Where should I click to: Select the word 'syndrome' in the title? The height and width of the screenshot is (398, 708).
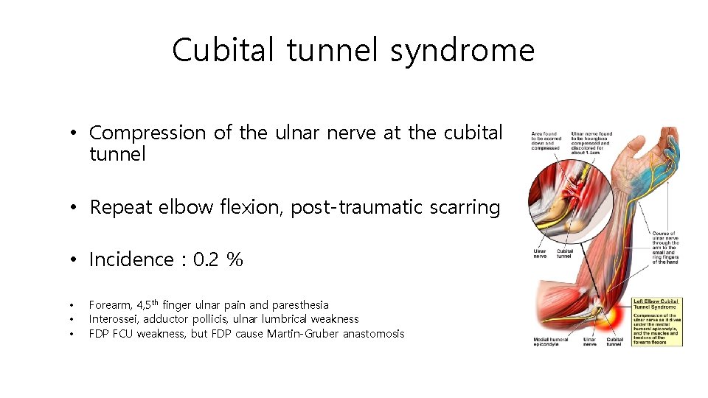click(x=462, y=51)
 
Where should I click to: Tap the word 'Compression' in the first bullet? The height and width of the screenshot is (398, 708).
click(x=147, y=133)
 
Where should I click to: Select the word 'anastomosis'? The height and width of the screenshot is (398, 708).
click(x=373, y=334)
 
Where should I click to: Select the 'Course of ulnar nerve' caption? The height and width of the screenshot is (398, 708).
click(x=665, y=246)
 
